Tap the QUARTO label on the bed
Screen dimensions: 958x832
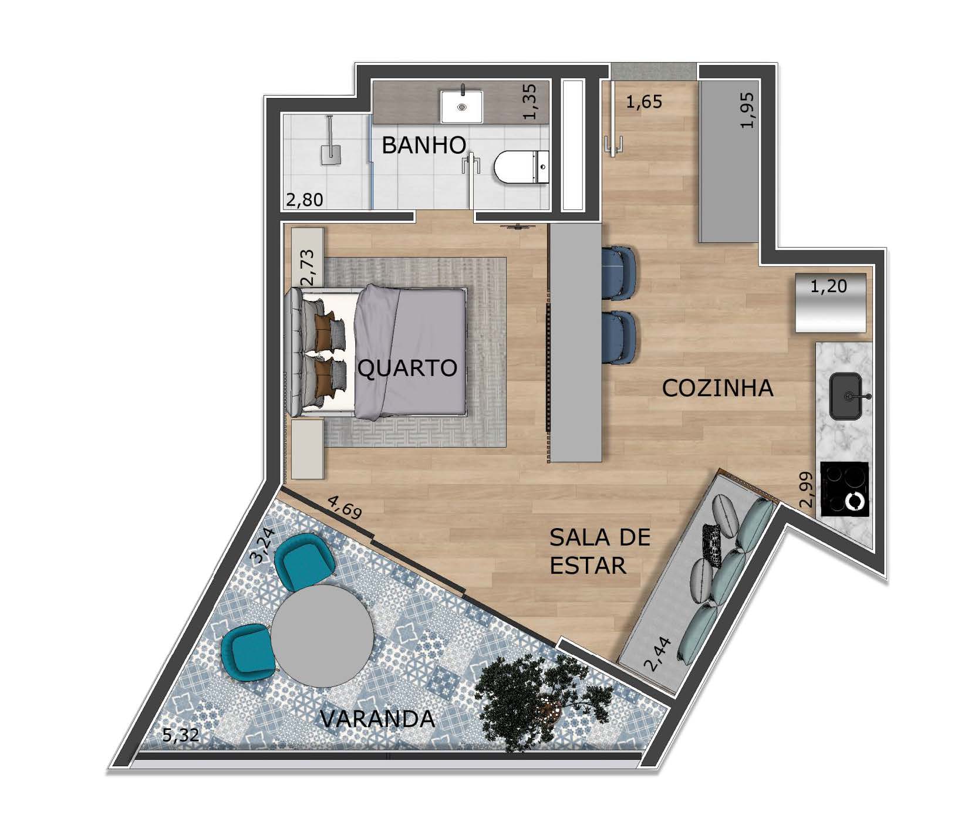407,368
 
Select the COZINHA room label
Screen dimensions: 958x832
717,388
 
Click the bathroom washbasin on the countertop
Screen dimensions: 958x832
462,106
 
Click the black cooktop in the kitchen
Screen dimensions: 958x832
844,489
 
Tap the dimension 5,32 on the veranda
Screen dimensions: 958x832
181,735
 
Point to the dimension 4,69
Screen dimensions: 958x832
345,507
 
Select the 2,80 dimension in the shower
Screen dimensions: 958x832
304,200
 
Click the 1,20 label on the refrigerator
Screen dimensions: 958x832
829,286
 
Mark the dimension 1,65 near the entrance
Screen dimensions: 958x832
644,102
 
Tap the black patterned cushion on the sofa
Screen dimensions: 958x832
712,544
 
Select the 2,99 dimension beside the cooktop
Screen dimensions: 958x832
807,489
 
